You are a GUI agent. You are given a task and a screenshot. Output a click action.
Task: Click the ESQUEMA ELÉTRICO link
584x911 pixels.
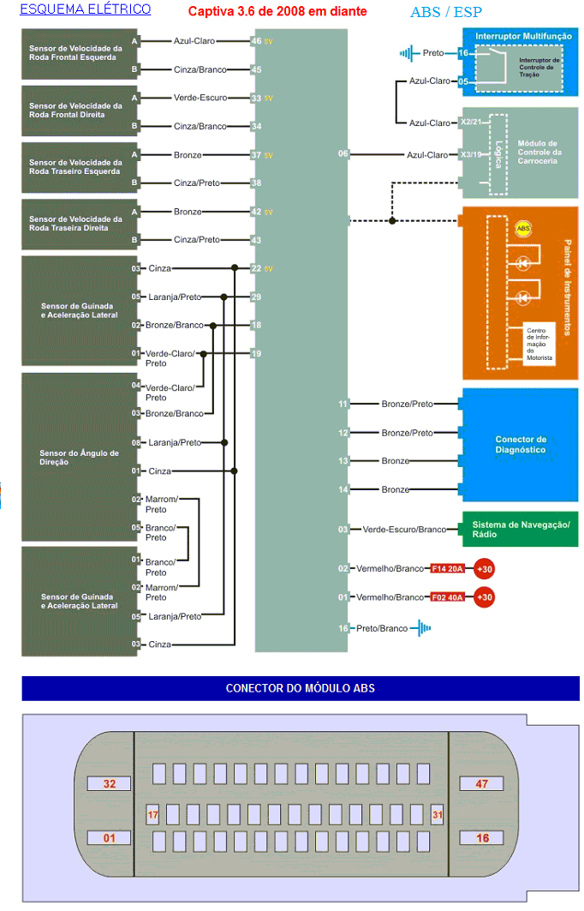(x=85, y=9)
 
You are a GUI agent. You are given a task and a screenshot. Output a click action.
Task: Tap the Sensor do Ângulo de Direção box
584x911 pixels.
(x=80, y=457)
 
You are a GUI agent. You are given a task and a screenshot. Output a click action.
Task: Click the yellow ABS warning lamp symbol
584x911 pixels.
(x=523, y=229)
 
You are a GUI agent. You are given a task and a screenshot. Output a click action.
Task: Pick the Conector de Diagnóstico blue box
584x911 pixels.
(x=520, y=444)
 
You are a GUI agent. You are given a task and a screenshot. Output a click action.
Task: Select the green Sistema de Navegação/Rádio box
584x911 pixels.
(x=520, y=529)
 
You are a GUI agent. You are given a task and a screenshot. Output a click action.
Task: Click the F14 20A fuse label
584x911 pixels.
(x=447, y=568)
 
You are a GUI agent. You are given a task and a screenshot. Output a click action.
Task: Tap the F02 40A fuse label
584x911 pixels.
(x=447, y=596)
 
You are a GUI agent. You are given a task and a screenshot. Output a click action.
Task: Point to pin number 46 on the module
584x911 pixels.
(x=256, y=40)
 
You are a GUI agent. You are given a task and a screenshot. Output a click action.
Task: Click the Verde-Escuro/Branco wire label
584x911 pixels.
(x=404, y=530)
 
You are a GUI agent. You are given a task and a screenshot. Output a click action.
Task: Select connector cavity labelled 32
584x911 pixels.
(x=109, y=784)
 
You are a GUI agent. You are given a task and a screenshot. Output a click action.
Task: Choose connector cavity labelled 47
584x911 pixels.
(x=483, y=784)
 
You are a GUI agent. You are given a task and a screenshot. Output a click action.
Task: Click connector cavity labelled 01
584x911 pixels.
(x=109, y=837)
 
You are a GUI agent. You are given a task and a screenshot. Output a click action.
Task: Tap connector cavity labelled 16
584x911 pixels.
(x=483, y=837)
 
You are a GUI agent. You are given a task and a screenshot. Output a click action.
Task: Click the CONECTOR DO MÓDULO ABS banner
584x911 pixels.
(x=300, y=688)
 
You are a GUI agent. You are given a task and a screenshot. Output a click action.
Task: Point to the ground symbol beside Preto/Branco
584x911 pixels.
(x=421, y=628)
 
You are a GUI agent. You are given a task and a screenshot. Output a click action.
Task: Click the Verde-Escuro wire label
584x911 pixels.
(x=200, y=98)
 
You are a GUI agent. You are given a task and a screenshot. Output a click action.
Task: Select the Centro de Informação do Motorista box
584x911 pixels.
(x=539, y=343)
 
